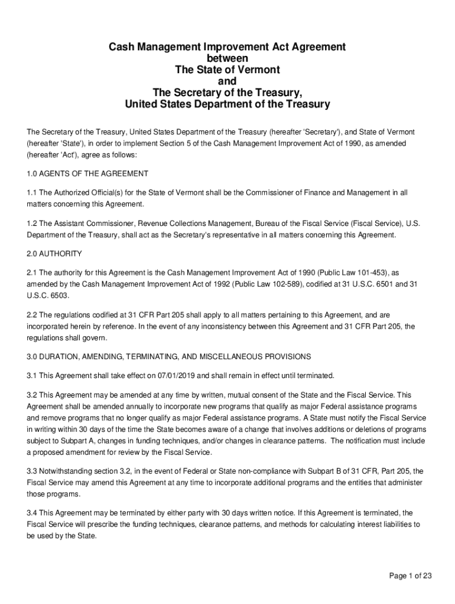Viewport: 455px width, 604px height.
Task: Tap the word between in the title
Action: [227, 58]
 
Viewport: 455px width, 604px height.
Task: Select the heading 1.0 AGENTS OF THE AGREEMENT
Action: [87, 174]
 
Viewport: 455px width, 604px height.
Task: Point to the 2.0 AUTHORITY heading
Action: [54, 254]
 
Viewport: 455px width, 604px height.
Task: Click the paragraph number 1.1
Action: [32, 193]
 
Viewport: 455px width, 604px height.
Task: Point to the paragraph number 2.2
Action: [32, 315]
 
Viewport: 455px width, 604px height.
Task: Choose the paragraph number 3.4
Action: [32, 513]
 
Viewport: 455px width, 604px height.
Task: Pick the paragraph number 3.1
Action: [32, 375]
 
